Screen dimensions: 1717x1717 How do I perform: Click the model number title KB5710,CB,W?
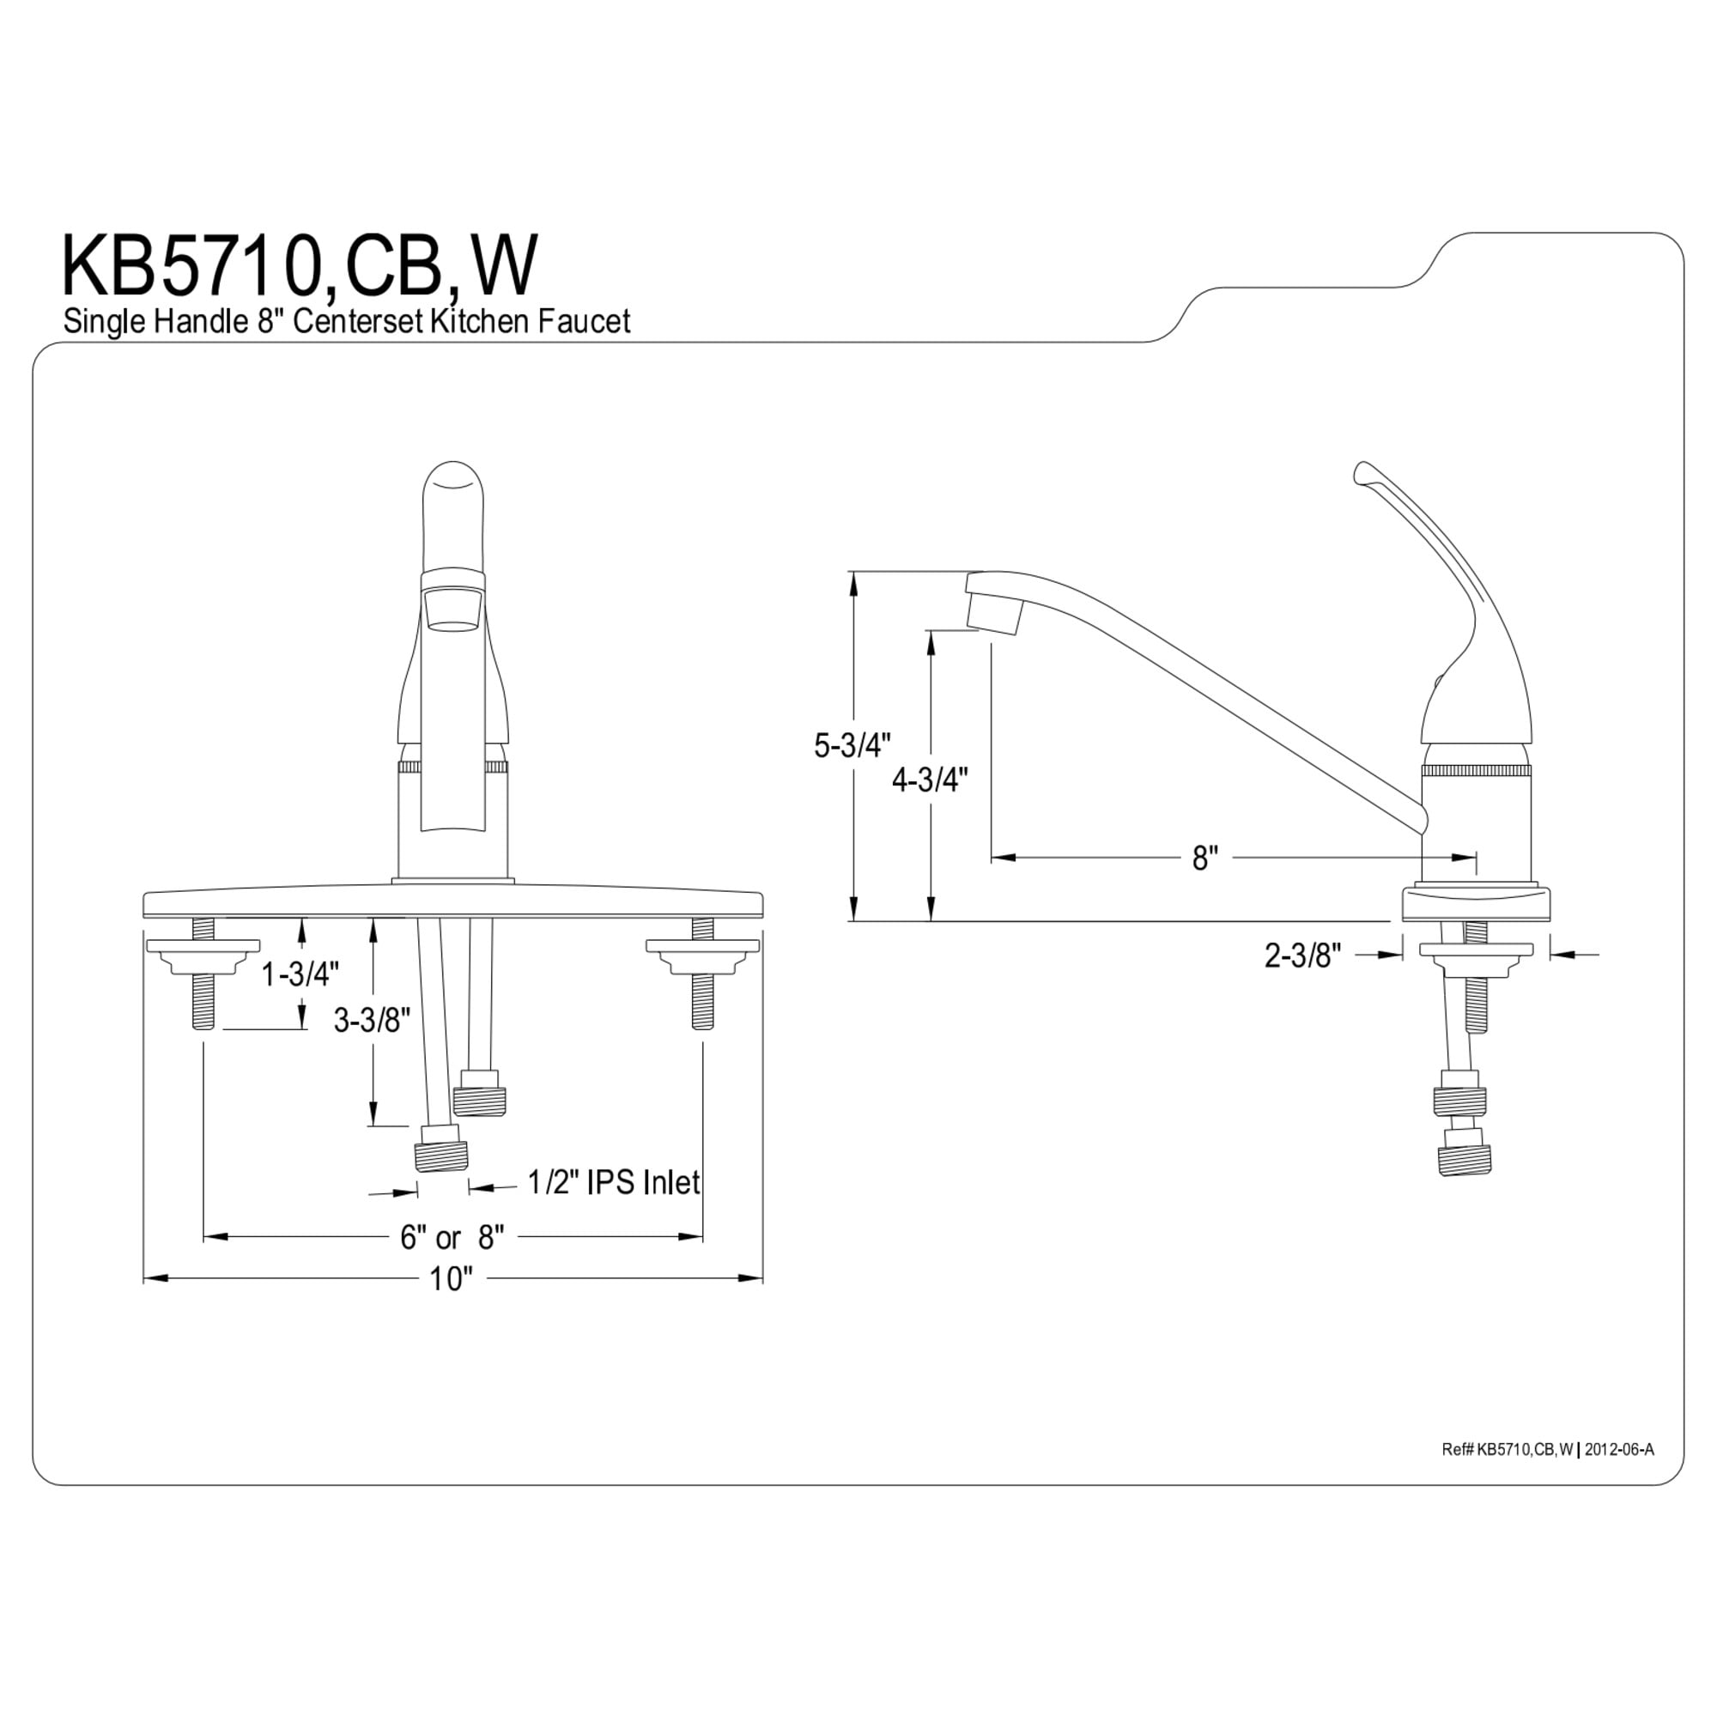(x=300, y=266)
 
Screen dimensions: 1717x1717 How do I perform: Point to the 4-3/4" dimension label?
(x=930, y=780)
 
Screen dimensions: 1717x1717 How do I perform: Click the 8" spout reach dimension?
(x=1204, y=858)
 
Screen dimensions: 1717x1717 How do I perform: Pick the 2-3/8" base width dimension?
(x=1302, y=956)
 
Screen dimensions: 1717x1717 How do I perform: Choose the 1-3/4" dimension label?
(x=300, y=975)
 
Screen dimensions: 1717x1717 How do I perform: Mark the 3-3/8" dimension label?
(x=372, y=1021)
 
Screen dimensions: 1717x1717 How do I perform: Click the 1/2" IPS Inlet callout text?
(x=613, y=1182)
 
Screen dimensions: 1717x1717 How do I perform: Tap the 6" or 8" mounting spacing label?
(x=452, y=1236)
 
